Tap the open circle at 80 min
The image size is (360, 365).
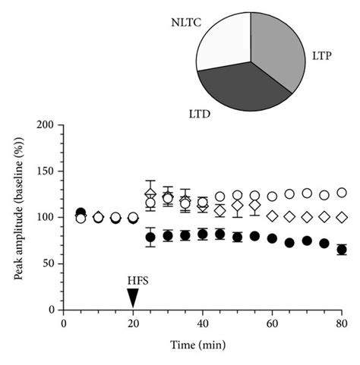tap(342, 193)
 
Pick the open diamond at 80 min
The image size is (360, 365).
tap(342, 217)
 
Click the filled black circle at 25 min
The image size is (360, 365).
tap(150, 238)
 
